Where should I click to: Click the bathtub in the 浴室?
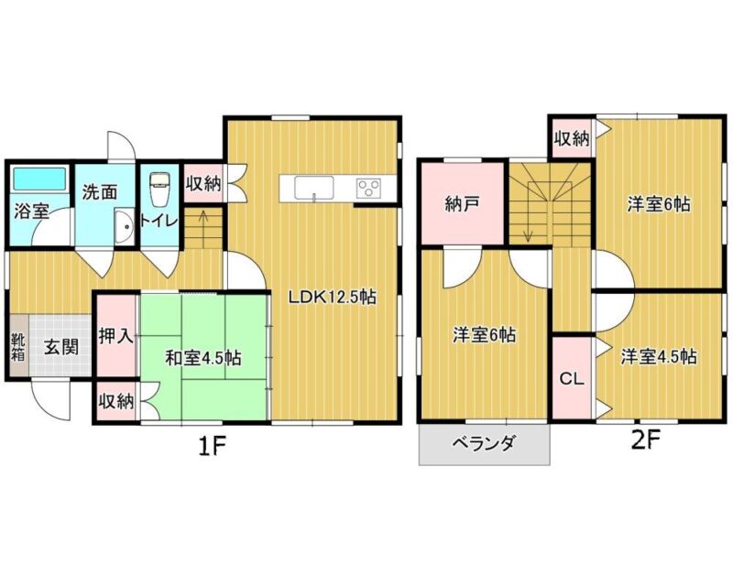[39, 178]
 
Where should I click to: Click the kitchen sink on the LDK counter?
[313, 188]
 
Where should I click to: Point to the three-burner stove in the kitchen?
[369, 188]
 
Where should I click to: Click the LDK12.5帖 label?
[332, 297]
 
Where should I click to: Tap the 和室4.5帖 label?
[203, 358]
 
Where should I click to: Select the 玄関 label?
[61, 346]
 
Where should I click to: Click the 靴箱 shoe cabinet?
[18, 345]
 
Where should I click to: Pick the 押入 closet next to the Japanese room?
[116, 334]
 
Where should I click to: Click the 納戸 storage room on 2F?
[463, 202]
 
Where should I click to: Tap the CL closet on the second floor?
[572, 377]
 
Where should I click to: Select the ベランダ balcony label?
[484, 442]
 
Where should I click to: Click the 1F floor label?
[212, 447]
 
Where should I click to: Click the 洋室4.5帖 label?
[659, 356]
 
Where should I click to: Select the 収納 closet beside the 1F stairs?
[203, 183]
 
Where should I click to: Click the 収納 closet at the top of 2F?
[572, 138]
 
